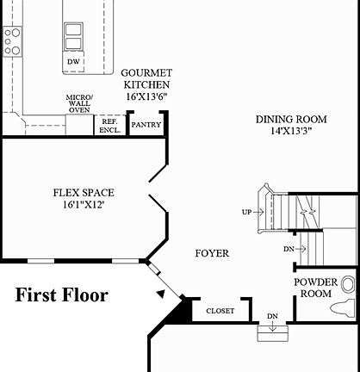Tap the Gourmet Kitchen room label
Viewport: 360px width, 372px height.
click(x=146, y=79)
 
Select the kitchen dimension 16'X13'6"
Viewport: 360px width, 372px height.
click(x=146, y=97)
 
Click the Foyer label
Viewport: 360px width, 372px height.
click(x=212, y=254)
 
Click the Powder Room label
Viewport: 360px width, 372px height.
click(x=315, y=288)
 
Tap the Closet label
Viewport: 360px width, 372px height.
click(x=219, y=311)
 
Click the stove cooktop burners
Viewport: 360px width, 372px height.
click(x=11, y=40)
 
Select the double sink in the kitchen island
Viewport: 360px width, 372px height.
click(x=73, y=36)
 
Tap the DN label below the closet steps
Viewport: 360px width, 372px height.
click(x=272, y=316)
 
